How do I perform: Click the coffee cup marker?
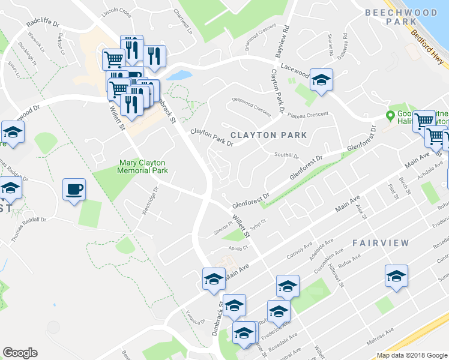(74, 190)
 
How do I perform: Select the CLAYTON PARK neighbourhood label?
(268, 135)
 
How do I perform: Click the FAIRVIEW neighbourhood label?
(381, 243)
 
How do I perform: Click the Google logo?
(20, 353)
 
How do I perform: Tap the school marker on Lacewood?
(321, 80)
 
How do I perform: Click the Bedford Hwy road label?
(427, 45)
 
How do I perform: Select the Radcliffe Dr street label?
(43, 24)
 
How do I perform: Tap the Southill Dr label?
(286, 155)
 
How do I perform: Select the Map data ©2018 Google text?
(412, 355)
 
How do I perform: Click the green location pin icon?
(390, 115)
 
